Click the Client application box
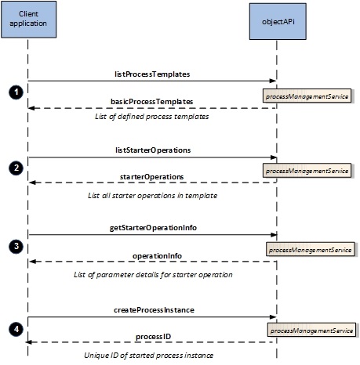(x=29, y=20)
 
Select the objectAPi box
(x=278, y=21)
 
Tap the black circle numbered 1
(x=16, y=92)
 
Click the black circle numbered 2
(x=16, y=168)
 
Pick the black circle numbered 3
(x=16, y=246)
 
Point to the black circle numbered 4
(x=16, y=329)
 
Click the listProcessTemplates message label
(x=152, y=74)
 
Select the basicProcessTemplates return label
(x=152, y=101)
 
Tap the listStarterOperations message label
(x=153, y=150)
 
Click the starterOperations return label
(x=152, y=177)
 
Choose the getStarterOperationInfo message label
(x=153, y=228)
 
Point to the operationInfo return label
(x=157, y=256)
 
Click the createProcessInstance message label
(x=154, y=310)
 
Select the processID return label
(x=153, y=337)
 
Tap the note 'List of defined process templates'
(x=152, y=117)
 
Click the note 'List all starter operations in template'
(x=153, y=196)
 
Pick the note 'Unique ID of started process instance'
(x=148, y=356)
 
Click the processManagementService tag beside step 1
(x=307, y=96)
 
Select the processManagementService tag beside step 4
(x=311, y=330)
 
